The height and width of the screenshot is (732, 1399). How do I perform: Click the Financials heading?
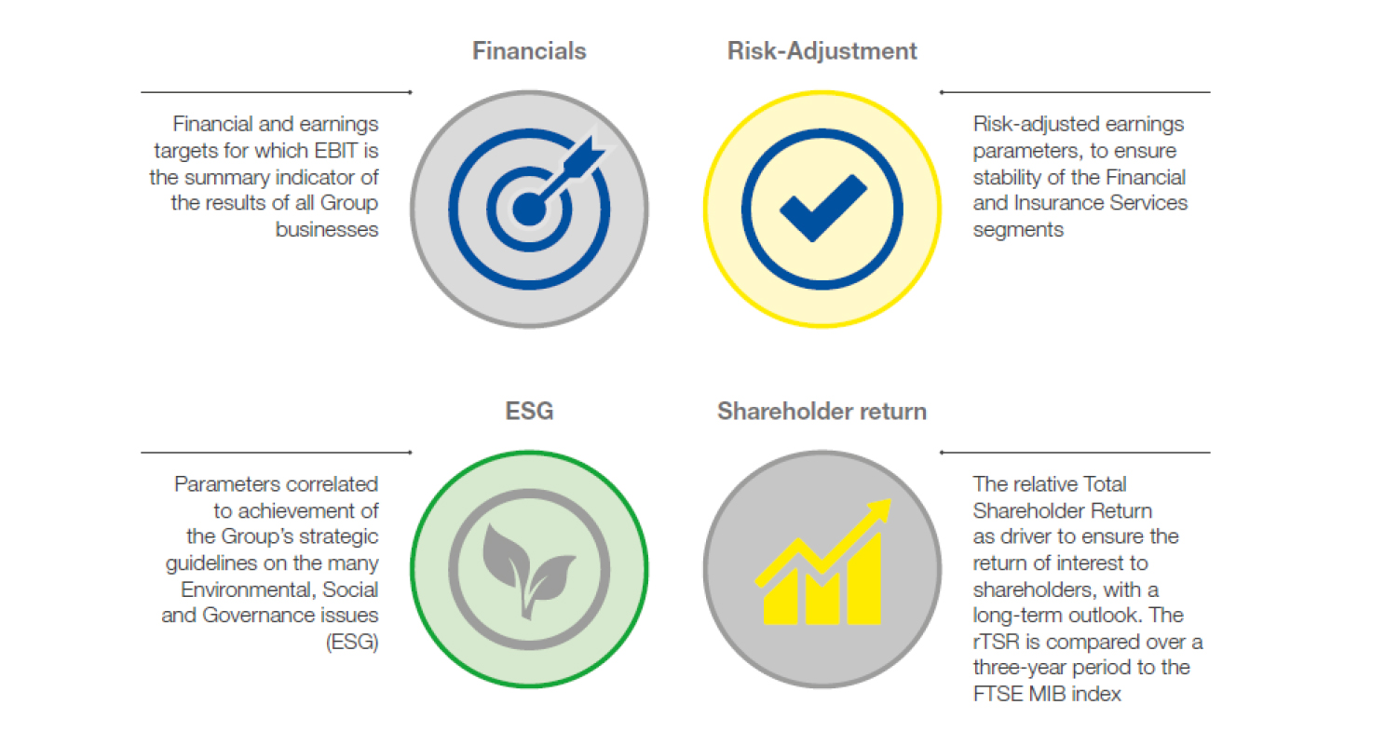tap(529, 50)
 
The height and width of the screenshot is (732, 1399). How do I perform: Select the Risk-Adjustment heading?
tap(822, 51)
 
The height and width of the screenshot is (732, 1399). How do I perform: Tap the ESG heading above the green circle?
tap(529, 411)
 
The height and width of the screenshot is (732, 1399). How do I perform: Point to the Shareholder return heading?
tap(822, 411)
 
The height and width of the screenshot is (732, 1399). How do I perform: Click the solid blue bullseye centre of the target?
tap(529, 210)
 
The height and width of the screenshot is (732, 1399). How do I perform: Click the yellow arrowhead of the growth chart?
tap(879, 509)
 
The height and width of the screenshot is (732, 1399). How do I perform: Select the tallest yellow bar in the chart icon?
tap(863, 579)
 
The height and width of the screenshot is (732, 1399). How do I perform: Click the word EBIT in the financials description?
tap(336, 151)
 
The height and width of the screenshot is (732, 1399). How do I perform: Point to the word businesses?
tap(327, 229)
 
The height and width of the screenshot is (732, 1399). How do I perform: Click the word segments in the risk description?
tap(1018, 230)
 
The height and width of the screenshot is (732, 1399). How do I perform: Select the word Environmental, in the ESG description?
tap(248, 590)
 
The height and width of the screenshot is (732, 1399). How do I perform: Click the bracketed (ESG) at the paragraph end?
tap(352, 642)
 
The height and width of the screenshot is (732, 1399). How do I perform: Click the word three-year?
tap(1019, 668)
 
